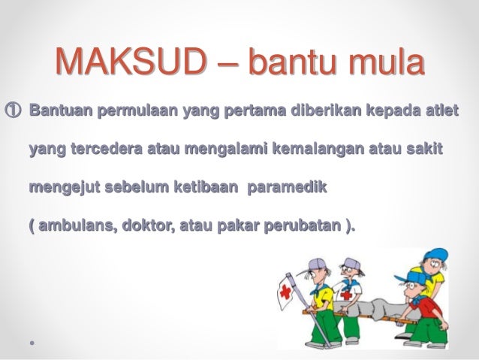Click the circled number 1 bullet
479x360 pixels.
coord(14,114)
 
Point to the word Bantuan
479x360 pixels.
coord(62,114)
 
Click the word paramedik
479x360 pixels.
coord(286,184)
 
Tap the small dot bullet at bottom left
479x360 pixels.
coord(31,340)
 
